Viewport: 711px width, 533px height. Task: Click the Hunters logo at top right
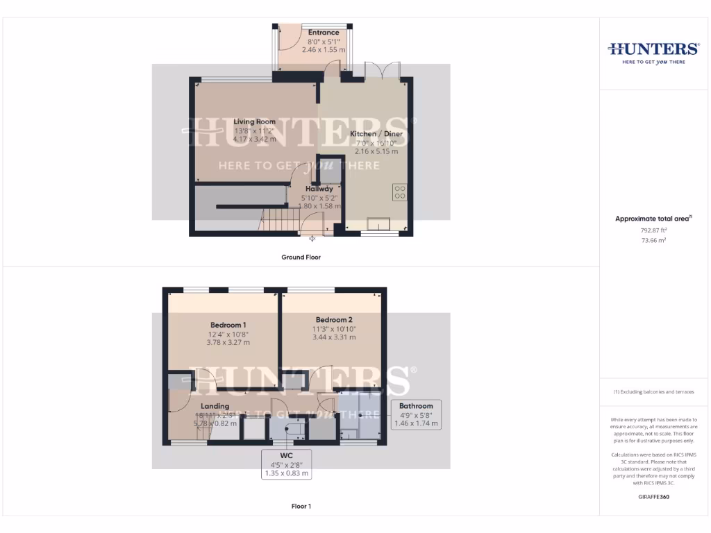pos(653,52)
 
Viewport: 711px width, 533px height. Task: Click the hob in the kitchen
pos(399,192)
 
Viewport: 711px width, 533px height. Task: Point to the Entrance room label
pos(324,33)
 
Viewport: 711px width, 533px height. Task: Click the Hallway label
pos(319,188)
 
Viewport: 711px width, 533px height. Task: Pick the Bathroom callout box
pos(416,414)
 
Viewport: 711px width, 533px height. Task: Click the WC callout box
pos(285,464)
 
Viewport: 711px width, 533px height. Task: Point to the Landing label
pos(215,406)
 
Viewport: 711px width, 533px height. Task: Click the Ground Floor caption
pos(301,257)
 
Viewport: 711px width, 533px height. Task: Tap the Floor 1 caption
pos(301,506)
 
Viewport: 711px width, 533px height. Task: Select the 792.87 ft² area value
pos(653,230)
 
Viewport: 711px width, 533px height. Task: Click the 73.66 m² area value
pos(653,240)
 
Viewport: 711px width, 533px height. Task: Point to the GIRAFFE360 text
pos(653,497)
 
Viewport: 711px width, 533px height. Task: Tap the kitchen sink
pos(379,223)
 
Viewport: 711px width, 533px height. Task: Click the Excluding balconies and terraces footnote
pos(653,392)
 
